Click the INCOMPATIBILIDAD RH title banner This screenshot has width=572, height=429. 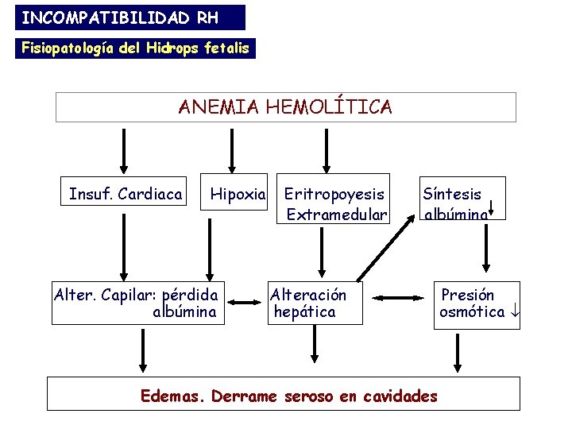pyautogui.click(x=122, y=17)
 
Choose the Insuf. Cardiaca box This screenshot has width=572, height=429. pyautogui.click(x=126, y=194)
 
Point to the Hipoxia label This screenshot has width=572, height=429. pyautogui.click(x=236, y=194)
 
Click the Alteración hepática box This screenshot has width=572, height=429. pyautogui.click(x=315, y=303)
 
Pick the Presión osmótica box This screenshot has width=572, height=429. pyautogui.click(x=478, y=303)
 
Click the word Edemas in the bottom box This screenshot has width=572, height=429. pyautogui.click(x=171, y=395)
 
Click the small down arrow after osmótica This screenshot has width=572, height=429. pyautogui.click(x=514, y=312)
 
